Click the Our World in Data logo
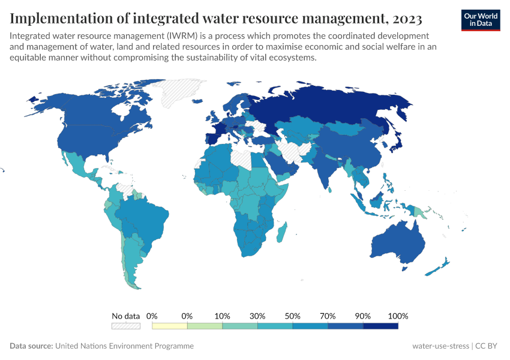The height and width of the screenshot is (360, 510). (x=480, y=20)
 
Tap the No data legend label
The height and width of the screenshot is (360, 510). (x=125, y=316)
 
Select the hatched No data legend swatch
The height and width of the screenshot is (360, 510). (x=125, y=326)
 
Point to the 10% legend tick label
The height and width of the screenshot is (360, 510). (x=222, y=316)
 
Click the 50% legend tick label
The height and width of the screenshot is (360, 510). (x=292, y=316)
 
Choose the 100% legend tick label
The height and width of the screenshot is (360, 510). (x=398, y=316)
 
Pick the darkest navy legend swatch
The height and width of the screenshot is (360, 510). (x=380, y=326)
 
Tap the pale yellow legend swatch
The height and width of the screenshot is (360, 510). (x=170, y=326)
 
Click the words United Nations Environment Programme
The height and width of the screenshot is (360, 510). (x=124, y=346)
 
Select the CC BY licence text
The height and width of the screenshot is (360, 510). (x=487, y=346)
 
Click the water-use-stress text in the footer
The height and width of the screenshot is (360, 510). (x=440, y=346)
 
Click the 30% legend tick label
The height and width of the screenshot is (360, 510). (x=257, y=316)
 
